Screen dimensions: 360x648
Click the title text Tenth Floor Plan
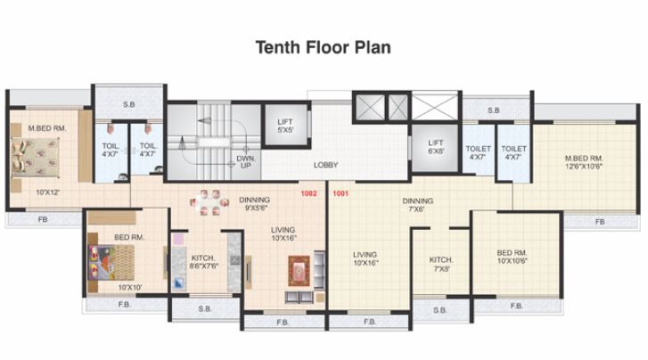tap(324, 46)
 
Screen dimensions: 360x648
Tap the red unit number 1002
tap(309, 193)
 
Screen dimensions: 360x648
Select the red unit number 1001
tap(340, 193)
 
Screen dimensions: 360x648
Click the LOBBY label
tap(324, 165)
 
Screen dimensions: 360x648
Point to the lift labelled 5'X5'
tap(285, 125)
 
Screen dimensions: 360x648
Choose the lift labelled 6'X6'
tap(436, 146)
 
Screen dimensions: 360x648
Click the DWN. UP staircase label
tap(246, 162)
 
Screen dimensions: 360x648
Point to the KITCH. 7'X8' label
tap(439, 263)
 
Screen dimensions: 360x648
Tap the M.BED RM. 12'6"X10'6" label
tap(585, 162)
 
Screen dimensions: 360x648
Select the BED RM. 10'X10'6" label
tap(514, 258)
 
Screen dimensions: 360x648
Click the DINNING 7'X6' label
tap(417, 206)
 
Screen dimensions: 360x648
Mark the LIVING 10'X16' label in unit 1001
tap(365, 258)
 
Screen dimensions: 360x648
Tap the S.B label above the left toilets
tap(128, 105)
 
